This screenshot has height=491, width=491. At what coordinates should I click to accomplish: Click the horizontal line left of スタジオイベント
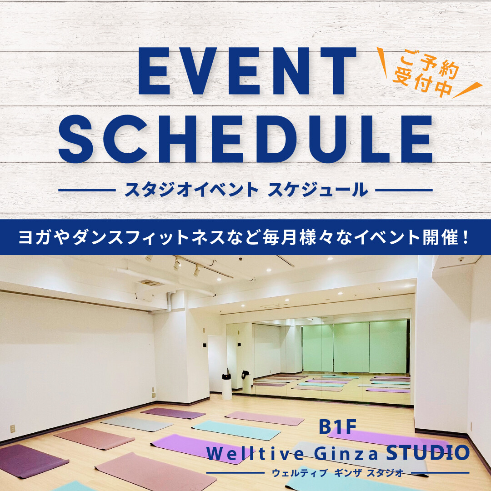point(87,190)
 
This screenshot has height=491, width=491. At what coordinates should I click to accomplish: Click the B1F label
point(337,428)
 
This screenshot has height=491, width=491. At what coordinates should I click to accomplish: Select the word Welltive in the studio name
point(250,453)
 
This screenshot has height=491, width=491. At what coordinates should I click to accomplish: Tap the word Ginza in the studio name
point(341,453)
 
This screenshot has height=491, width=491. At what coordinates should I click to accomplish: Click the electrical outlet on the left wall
point(12,428)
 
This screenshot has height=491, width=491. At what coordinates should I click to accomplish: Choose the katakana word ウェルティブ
point(300,473)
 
